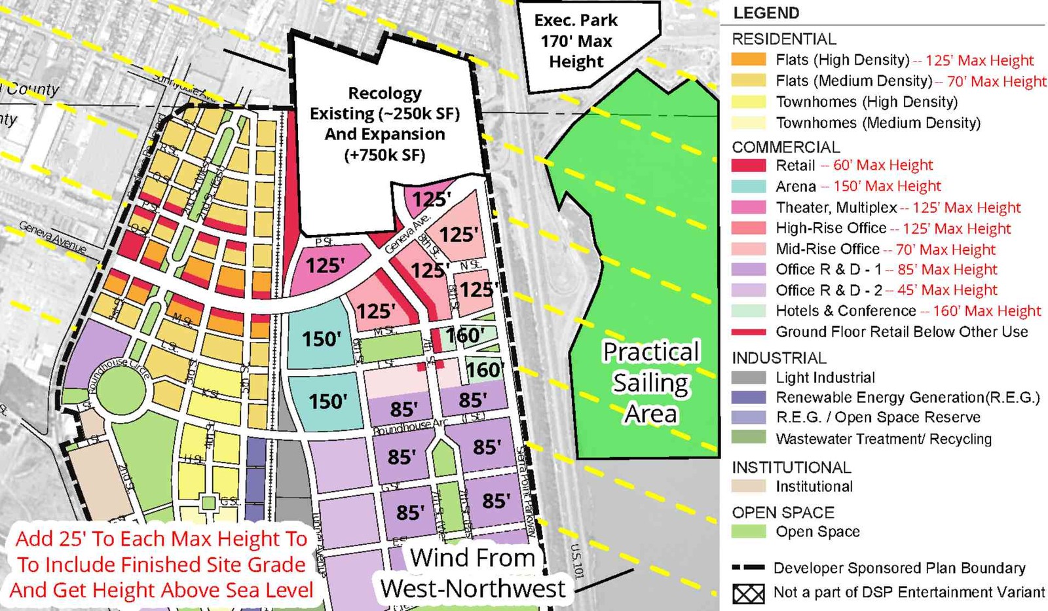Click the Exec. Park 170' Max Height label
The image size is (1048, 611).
[576, 41]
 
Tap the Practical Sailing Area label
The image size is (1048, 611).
[650, 382]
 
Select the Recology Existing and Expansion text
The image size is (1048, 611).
[384, 124]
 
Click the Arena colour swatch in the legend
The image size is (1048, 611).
[749, 187]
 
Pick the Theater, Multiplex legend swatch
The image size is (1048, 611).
[749, 208]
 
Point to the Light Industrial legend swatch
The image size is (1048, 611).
[749, 378]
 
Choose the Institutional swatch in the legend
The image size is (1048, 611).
[749, 487]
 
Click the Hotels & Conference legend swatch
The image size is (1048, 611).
[749, 311]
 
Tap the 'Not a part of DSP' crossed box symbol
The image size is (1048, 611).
[749, 593]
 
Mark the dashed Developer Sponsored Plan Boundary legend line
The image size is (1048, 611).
[749, 568]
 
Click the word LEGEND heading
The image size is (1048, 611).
[766, 13]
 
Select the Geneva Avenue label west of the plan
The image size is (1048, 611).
[52, 236]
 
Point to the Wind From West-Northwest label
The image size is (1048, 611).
[473, 573]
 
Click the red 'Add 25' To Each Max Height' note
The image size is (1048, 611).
[161, 565]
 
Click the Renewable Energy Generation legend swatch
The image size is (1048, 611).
[749, 398]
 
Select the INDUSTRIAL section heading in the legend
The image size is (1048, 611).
[779, 358]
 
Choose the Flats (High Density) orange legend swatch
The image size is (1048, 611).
[749, 60]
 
